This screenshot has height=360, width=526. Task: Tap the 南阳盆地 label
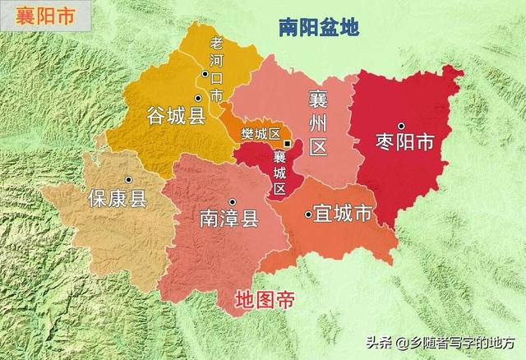tap(318, 28)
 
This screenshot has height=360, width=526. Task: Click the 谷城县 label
tap(175, 114)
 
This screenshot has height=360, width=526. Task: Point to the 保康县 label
tap(117, 199)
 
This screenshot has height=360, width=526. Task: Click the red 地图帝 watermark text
tap(264, 299)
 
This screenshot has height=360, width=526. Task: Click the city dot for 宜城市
tap(308, 215)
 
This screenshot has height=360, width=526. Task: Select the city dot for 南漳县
tap(233, 201)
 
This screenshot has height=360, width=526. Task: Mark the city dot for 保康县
tap(128, 180)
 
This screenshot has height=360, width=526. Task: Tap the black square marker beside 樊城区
tap(286, 143)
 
